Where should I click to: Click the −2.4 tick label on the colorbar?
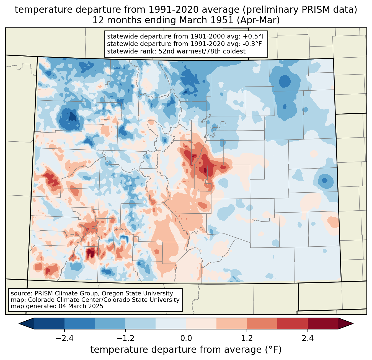point(64,338)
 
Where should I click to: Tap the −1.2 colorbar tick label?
point(125,338)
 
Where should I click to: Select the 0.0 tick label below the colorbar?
point(186,338)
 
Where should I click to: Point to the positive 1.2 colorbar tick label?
point(247,338)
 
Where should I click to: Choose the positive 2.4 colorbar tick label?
point(308,338)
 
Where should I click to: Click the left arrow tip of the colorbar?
point(19,324)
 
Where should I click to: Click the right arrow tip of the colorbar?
point(353,324)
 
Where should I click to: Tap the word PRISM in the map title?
point(312,10)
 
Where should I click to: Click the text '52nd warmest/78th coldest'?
point(202,51)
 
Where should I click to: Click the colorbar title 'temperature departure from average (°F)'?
point(186,349)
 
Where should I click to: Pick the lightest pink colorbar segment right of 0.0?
point(201,324)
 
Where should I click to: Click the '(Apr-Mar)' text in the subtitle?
point(258,20)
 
